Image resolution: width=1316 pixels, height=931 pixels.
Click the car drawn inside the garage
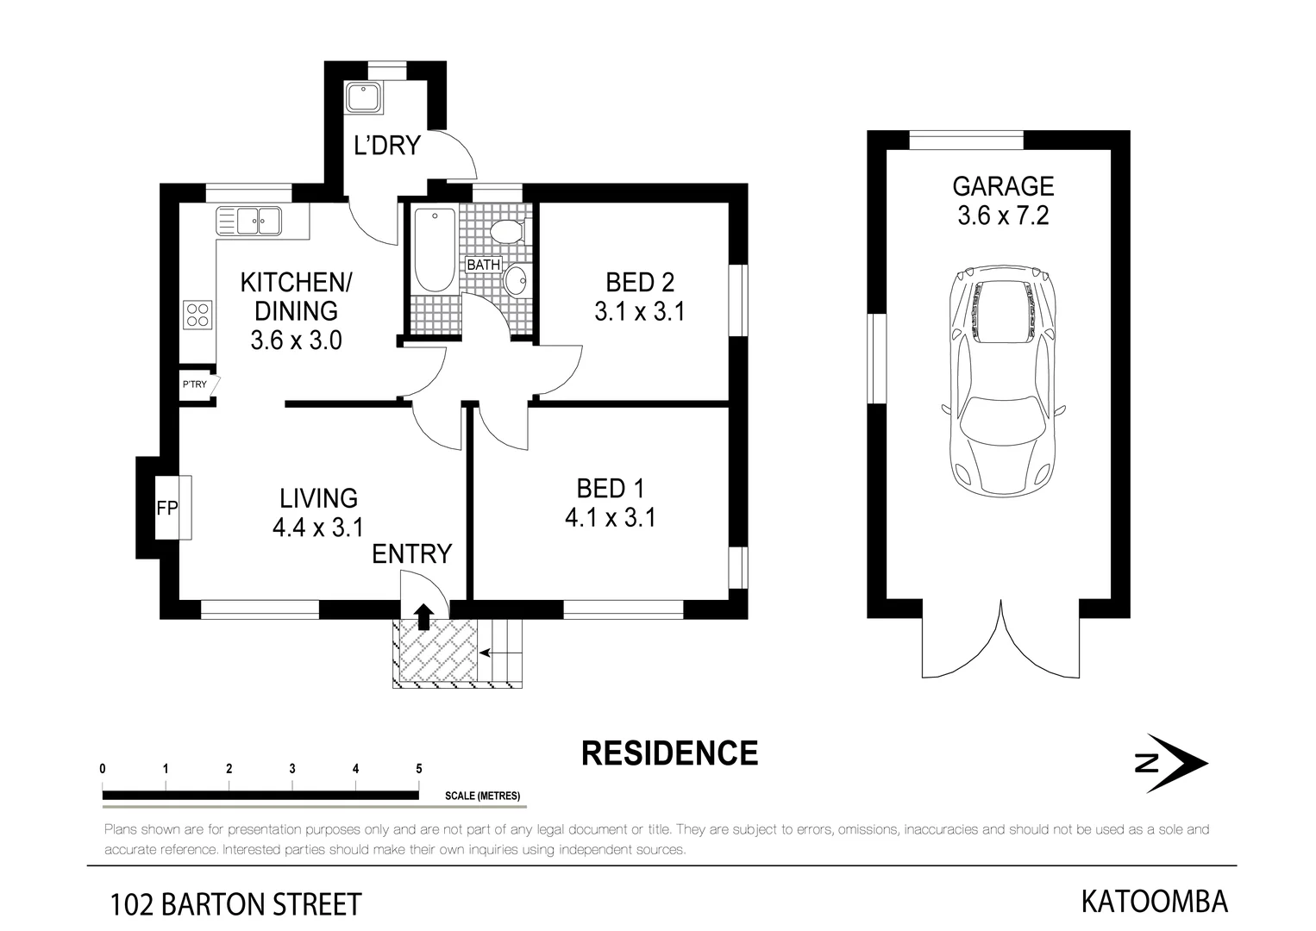(x=1002, y=379)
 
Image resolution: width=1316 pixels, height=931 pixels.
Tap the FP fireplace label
(x=166, y=509)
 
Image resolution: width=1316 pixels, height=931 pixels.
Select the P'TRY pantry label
(x=195, y=384)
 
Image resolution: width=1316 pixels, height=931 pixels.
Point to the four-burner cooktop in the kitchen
(x=197, y=315)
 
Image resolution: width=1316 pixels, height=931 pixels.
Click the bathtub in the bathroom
(x=435, y=250)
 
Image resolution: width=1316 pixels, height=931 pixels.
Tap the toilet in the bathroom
(x=505, y=231)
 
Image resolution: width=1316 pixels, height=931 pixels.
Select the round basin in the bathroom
(x=516, y=280)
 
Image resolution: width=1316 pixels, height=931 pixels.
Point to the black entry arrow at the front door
(x=423, y=616)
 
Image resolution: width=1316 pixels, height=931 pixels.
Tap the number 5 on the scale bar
(x=419, y=769)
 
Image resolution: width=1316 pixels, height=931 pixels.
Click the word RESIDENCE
(x=669, y=753)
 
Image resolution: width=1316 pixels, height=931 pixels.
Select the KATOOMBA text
(x=1154, y=902)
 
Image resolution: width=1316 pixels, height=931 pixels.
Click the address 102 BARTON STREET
(x=235, y=905)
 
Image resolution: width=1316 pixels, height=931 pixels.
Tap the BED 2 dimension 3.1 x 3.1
(x=639, y=311)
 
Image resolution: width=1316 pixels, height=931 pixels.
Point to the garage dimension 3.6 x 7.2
(x=1002, y=216)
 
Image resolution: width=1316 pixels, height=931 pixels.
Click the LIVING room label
(x=318, y=498)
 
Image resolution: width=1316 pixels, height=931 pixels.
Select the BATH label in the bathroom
(x=483, y=265)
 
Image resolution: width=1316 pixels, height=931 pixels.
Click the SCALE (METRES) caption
(x=482, y=796)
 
